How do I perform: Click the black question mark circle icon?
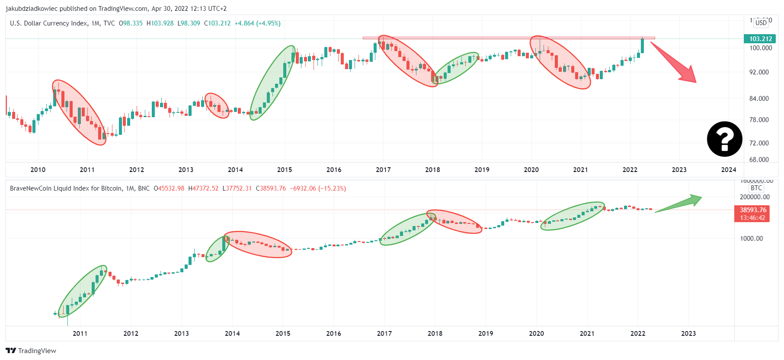[724, 139]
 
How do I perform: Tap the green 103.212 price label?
[760, 39]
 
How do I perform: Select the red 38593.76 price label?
[752, 210]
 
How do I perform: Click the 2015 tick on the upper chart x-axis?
[285, 170]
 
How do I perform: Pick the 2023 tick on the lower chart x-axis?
[688, 334]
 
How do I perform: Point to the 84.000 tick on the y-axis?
[759, 99]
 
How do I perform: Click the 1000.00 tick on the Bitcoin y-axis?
[752, 239]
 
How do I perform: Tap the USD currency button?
[761, 23]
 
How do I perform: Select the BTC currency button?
[756, 188]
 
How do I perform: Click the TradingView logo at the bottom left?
[31, 350]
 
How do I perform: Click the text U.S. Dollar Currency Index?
[48, 23]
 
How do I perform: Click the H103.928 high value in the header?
[160, 23]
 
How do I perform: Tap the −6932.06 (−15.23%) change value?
[318, 188]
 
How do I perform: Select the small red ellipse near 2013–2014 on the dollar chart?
[217, 105]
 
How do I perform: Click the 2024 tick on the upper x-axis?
[729, 170]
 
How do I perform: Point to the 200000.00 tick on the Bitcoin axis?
[755, 197]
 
